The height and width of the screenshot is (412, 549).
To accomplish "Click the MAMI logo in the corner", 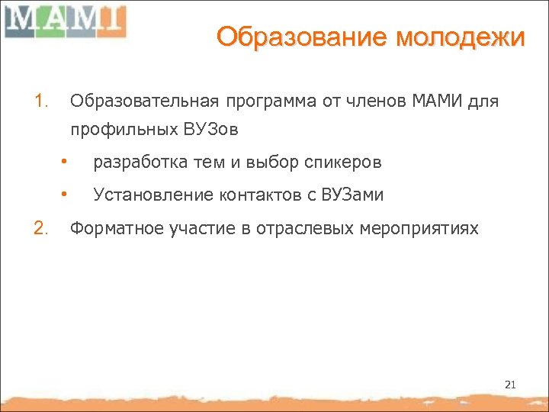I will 64,21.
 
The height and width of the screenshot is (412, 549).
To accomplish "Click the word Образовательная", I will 143,100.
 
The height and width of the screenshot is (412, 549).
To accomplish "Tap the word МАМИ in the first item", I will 437,100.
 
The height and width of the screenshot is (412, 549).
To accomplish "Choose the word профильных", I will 124,130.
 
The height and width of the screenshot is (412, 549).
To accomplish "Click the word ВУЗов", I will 210,130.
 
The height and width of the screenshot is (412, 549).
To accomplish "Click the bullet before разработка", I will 66,162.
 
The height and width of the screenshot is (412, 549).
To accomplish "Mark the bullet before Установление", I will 66,195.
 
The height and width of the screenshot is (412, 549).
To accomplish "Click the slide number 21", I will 510,385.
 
